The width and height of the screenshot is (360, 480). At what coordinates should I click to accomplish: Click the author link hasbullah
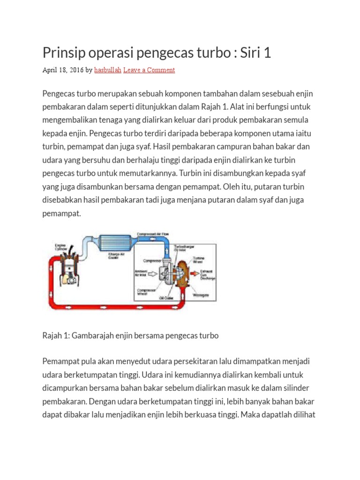(x=107, y=70)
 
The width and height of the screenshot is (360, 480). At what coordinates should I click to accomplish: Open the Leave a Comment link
(x=149, y=70)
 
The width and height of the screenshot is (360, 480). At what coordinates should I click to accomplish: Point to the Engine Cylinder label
(x=60, y=247)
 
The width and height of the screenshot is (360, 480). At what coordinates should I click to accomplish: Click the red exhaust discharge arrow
(x=195, y=273)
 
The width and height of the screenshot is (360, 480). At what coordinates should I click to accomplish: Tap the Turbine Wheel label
(x=196, y=260)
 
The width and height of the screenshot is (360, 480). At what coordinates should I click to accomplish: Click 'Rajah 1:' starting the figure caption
(x=56, y=336)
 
